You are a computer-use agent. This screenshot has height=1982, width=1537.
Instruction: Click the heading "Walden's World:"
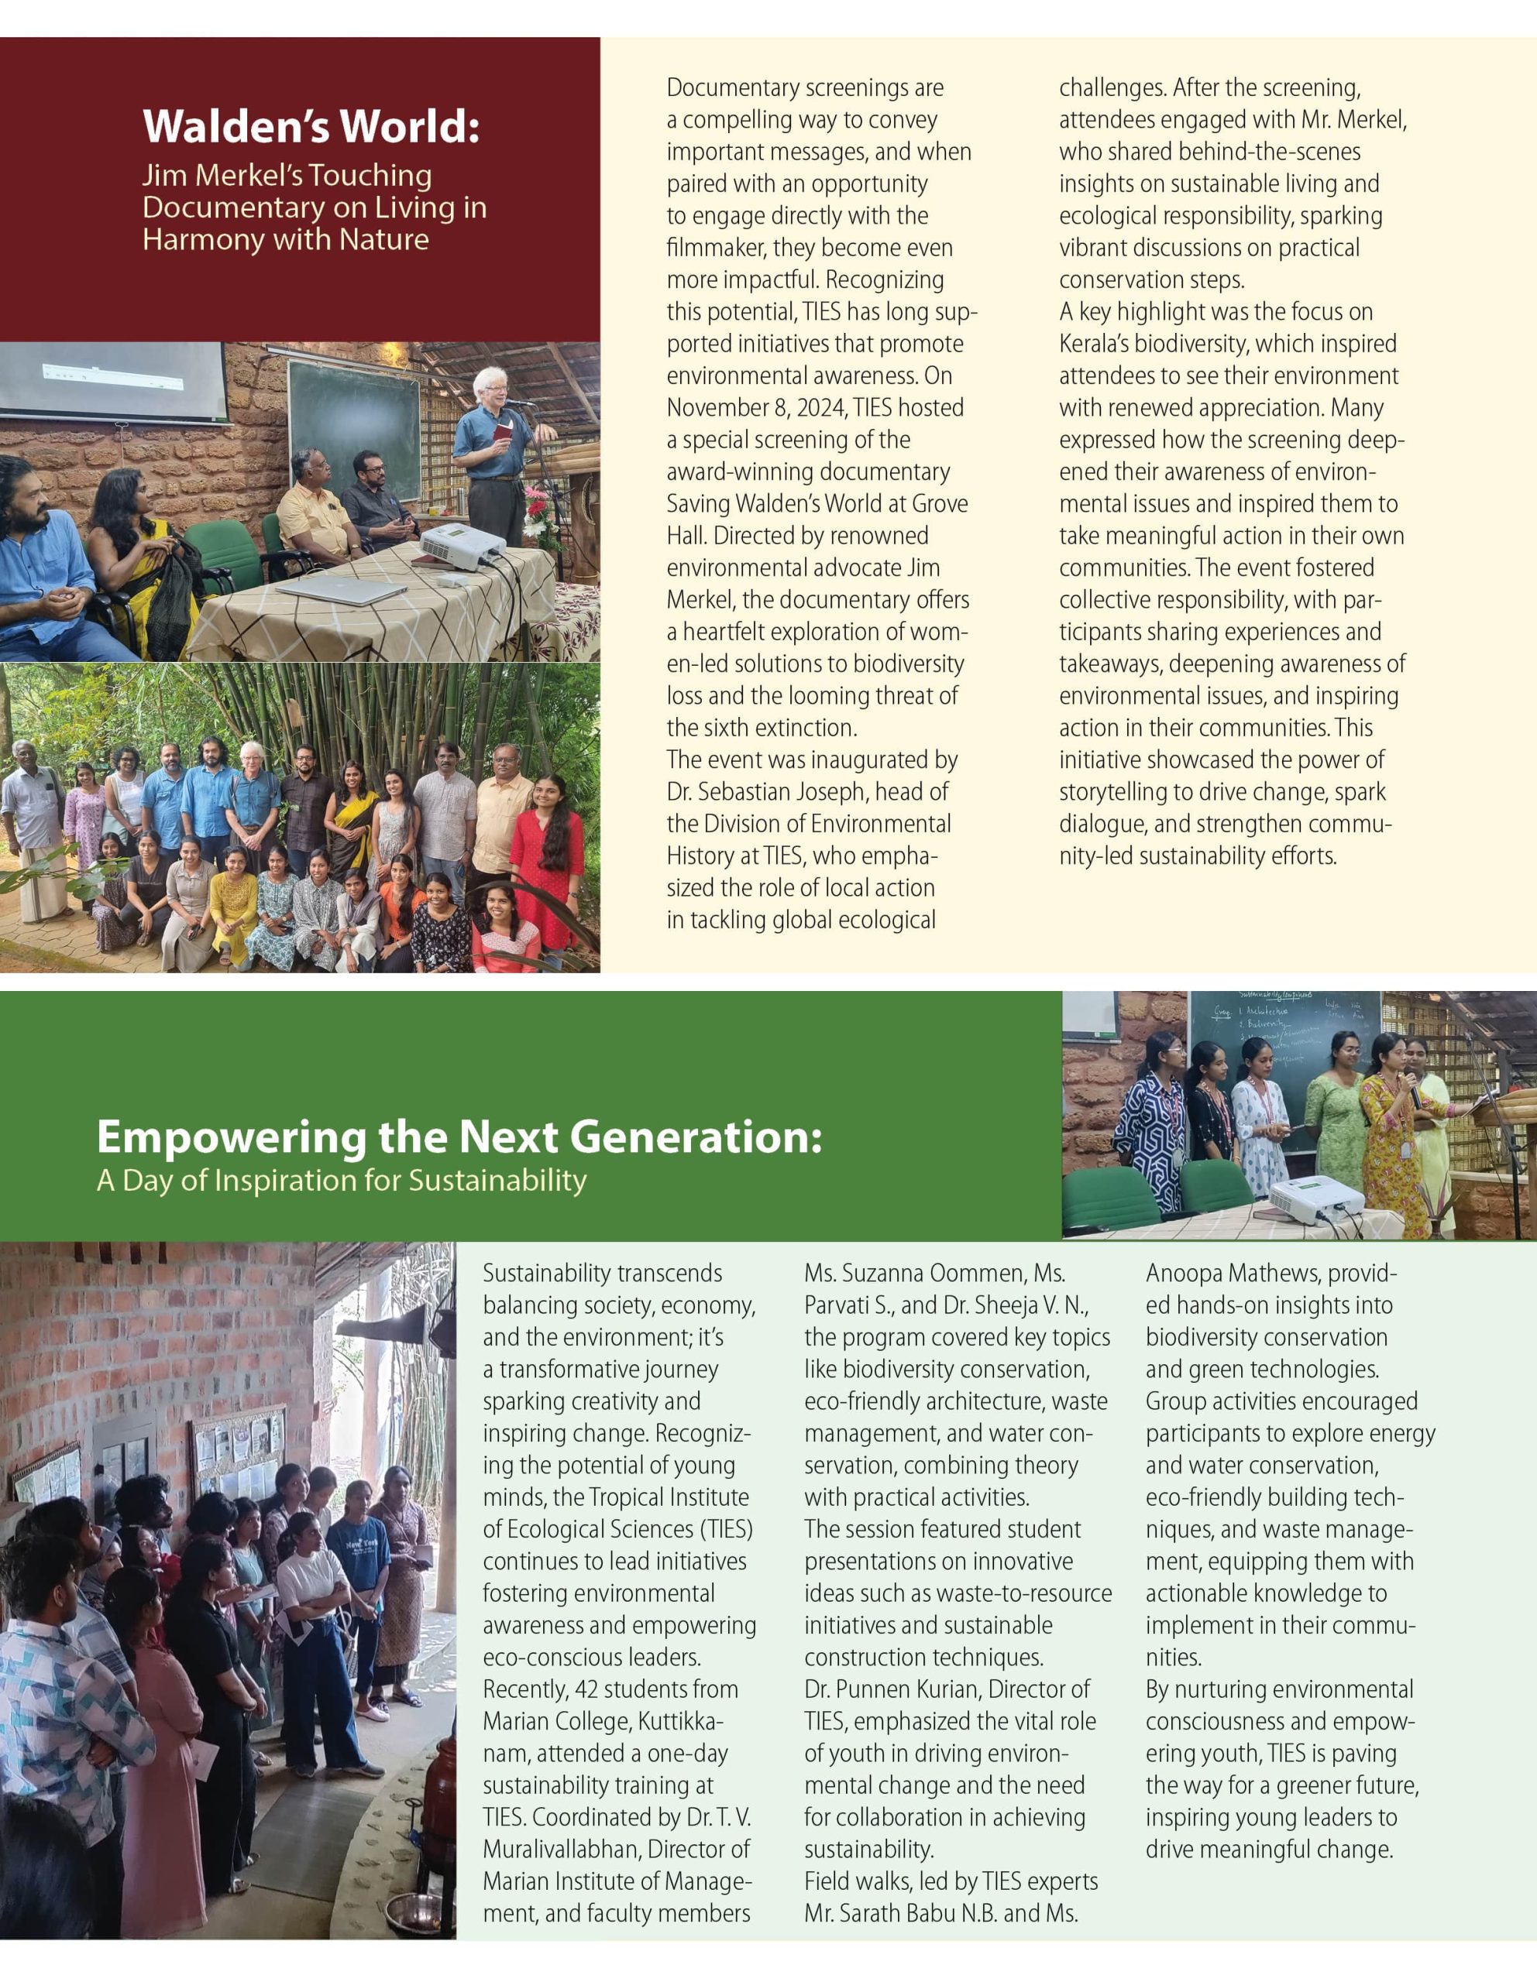(x=311, y=126)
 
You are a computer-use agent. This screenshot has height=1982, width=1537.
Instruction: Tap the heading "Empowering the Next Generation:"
(x=459, y=1137)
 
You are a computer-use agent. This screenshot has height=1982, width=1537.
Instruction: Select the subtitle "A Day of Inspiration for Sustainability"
(x=342, y=1181)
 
